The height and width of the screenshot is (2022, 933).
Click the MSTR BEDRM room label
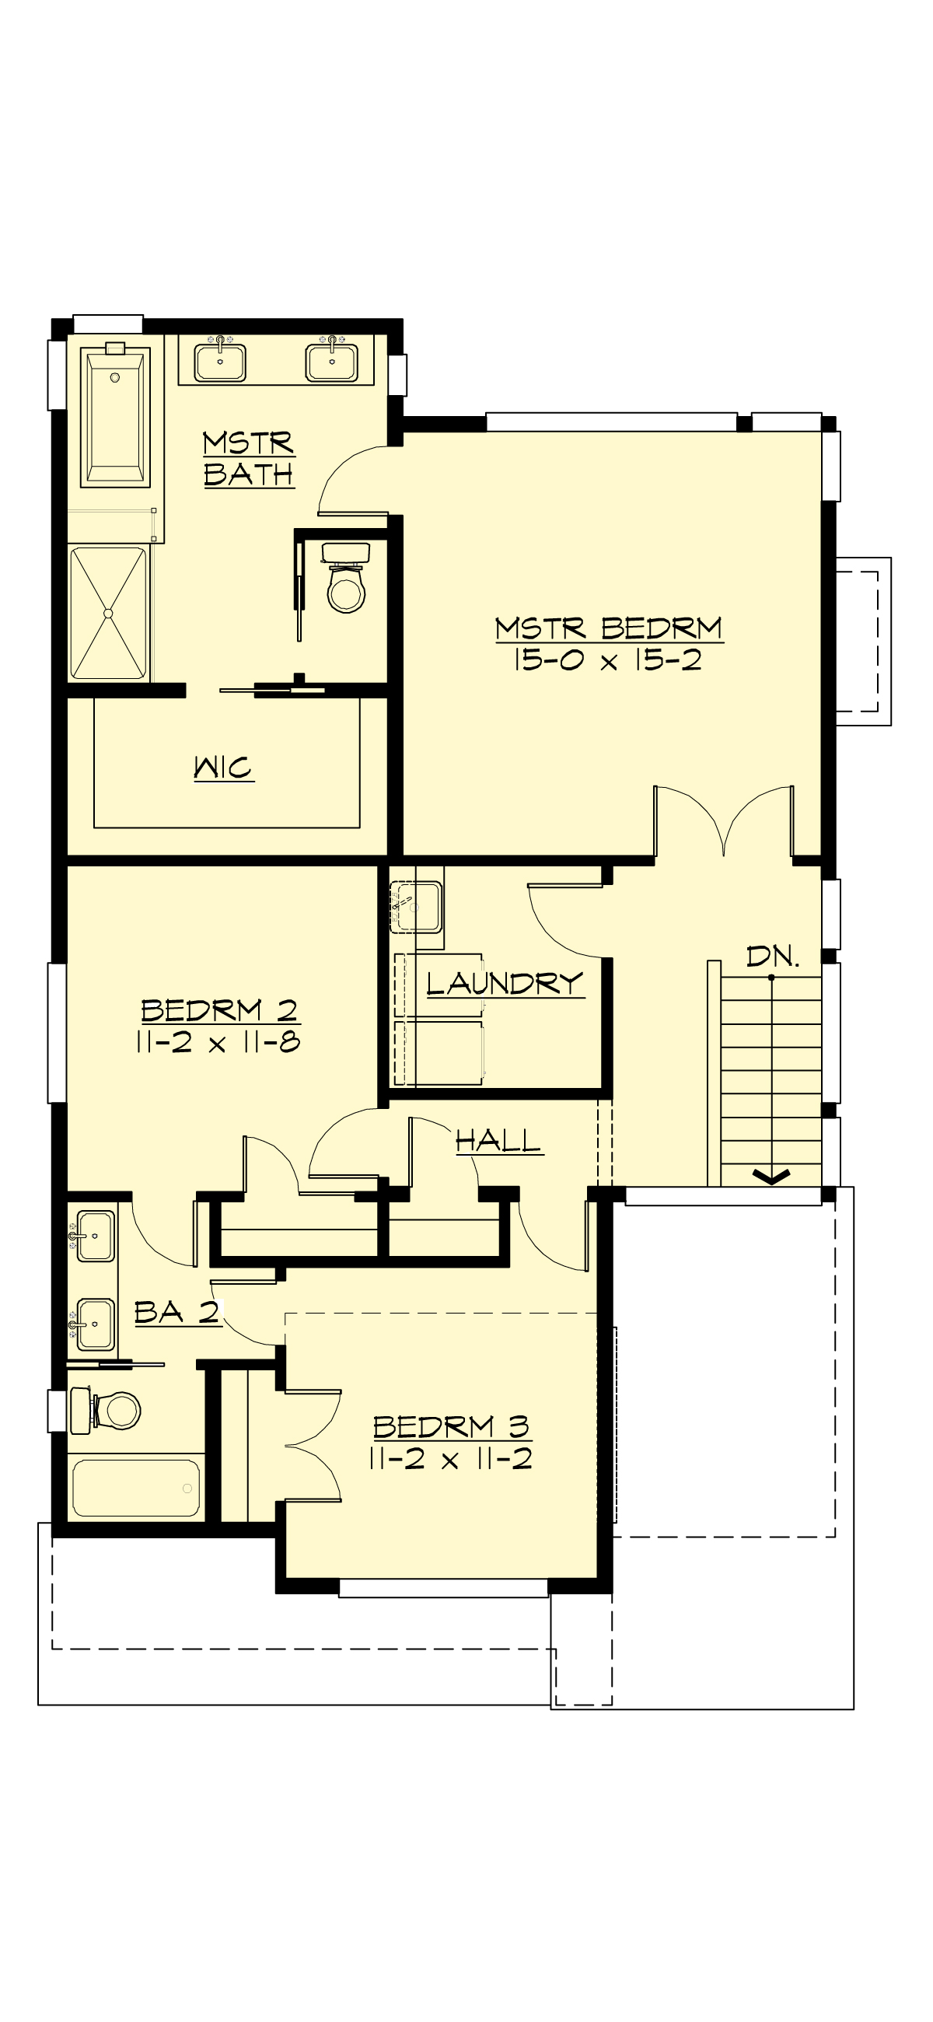pos(608,628)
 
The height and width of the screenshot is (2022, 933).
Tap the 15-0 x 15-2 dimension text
pos(606,660)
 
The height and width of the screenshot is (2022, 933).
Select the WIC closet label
pos(224,768)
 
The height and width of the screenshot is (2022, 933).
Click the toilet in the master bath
pos(346,579)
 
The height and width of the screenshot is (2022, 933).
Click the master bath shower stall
pos(108,613)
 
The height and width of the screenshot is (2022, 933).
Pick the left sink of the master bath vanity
pos(220,360)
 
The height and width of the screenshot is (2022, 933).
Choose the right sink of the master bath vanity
pos(332,360)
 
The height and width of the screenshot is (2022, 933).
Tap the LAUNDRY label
pos(505,984)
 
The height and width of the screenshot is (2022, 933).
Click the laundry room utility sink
pos(417,906)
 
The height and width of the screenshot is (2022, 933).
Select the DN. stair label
pos(772,957)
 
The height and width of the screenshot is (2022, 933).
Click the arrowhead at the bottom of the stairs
pos(772,1176)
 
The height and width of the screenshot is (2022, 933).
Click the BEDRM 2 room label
pos(219,1010)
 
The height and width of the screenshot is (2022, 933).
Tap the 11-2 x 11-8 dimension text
pos(218,1042)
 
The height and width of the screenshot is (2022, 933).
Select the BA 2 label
pos(176,1313)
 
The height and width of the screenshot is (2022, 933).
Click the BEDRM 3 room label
pos(451,1426)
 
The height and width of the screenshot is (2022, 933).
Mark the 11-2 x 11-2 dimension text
pos(450,1458)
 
